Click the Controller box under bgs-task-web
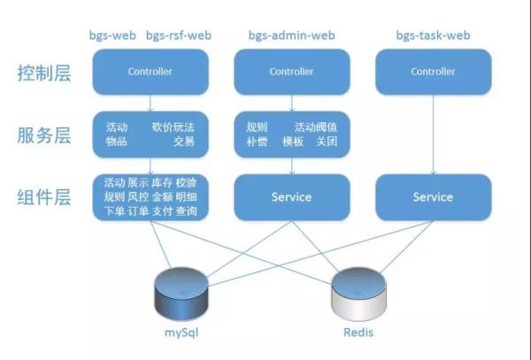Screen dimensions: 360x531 (x=433, y=72)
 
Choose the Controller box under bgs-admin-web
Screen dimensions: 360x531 (x=291, y=72)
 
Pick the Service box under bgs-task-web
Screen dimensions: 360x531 (x=433, y=197)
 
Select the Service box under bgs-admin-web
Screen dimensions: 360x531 (x=291, y=197)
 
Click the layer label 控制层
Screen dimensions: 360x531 (x=44, y=73)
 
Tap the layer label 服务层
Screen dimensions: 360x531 (x=44, y=135)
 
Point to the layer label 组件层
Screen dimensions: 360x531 (x=44, y=198)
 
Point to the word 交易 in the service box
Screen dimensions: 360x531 (x=184, y=142)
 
